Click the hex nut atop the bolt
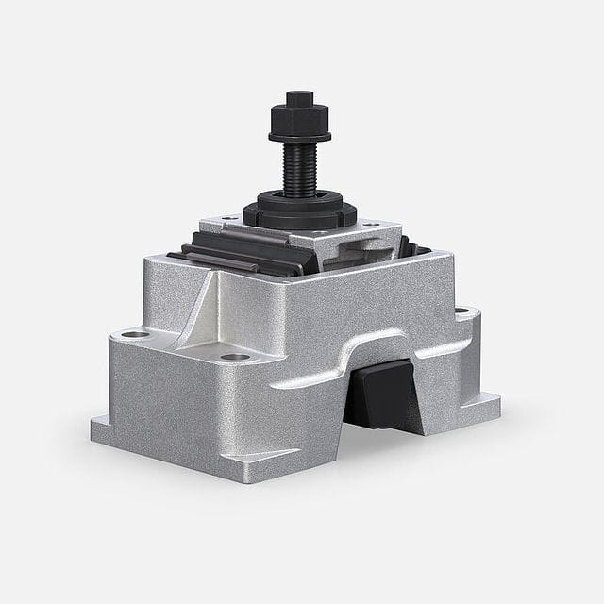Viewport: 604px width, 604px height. pos(299,120)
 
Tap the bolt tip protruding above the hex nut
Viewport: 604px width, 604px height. pos(299,97)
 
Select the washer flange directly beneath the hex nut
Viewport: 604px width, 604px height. pos(299,136)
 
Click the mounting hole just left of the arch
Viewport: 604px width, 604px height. pos(236,357)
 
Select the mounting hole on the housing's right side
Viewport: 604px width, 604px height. pos(461,310)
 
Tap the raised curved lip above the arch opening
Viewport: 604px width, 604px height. pos(377,342)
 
